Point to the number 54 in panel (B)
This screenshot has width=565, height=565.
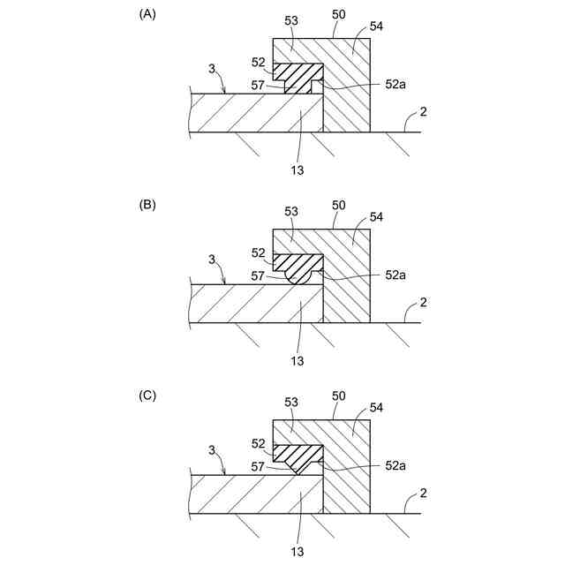pyautogui.click(x=376, y=217)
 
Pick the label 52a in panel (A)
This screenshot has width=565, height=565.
pyautogui.click(x=395, y=86)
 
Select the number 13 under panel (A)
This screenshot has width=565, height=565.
pyautogui.click(x=298, y=169)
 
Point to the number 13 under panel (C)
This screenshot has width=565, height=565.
pyautogui.click(x=298, y=550)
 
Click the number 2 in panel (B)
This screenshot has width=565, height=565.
pyautogui.click(x=424, y=303)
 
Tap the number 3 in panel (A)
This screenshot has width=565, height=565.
pyautogui.click(x=212, y=68)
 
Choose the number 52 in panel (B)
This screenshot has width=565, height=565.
pyautogui.click(x=259, y=252)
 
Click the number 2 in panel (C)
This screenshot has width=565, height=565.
pyautogui.click(x=424, y=493)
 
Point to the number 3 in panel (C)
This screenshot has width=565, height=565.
pyautogui.click(x=212, y=449)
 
